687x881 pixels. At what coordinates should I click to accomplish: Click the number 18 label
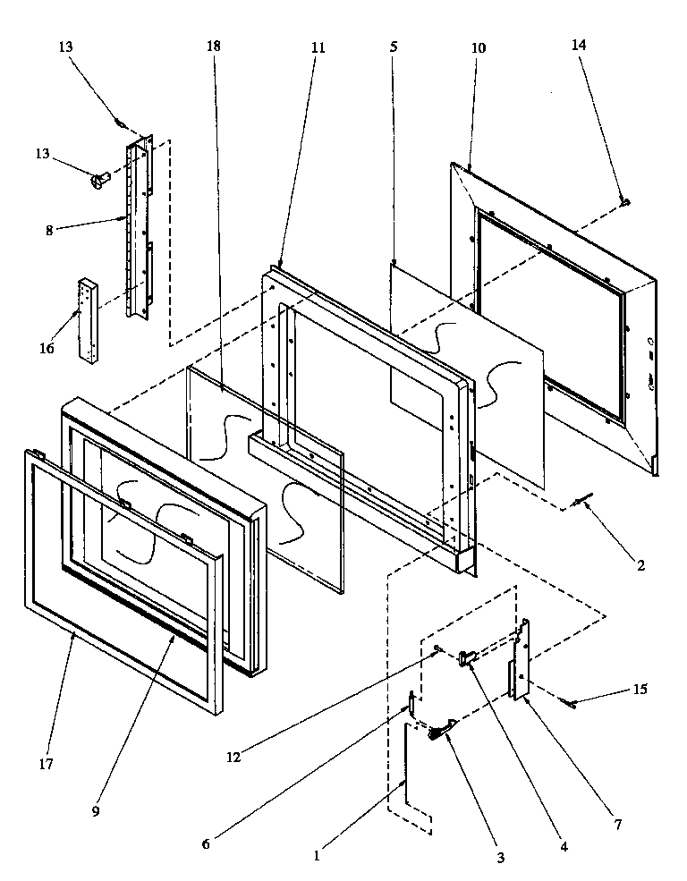[214, 46]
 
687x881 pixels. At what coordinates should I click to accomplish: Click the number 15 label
[639, 690]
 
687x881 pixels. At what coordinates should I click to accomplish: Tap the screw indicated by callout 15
[568, 704]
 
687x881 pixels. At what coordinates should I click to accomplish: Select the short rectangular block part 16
[88, 319]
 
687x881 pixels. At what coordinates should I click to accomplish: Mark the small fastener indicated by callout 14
[624, 204]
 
